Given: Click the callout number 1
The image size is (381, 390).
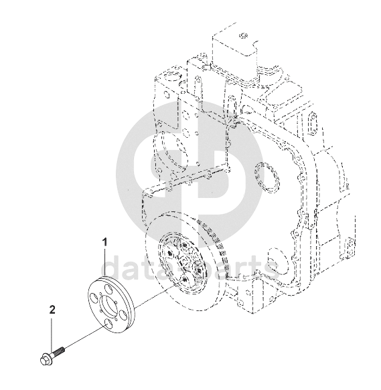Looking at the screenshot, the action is point(105,243).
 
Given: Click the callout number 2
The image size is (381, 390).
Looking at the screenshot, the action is point(52,310).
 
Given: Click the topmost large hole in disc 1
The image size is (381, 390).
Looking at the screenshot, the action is point(108,289).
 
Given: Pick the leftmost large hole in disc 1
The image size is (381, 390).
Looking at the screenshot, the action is point(93,298).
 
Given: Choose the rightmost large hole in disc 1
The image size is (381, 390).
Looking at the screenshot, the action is point(123,314).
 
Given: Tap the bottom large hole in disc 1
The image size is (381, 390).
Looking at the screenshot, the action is point(108,324).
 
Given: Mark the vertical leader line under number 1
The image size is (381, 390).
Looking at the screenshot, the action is point(105,262).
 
